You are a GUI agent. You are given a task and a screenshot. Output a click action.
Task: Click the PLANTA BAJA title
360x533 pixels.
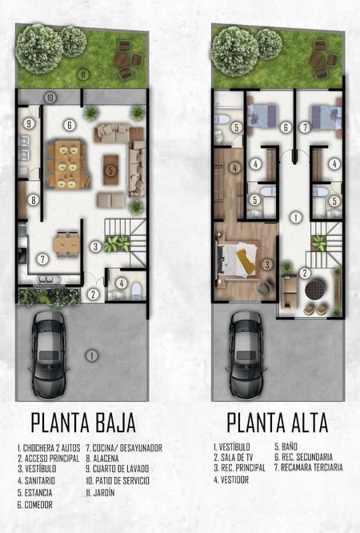tap(83, 423)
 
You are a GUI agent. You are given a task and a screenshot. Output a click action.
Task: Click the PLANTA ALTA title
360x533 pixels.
tap(278, 423)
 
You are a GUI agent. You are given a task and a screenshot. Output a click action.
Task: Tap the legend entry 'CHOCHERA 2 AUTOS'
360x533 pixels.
tap(49, 447)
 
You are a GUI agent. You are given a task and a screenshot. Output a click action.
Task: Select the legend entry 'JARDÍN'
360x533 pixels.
tap(100, 492)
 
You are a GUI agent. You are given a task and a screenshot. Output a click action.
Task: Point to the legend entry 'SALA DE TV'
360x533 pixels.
tap(234, 458)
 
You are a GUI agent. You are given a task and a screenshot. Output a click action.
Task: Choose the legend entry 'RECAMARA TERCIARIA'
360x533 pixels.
tap(309, 467)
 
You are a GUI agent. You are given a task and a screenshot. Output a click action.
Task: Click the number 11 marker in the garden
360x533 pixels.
tap(82, 74)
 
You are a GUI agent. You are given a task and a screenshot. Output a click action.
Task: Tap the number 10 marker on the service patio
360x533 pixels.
tap(50, 98)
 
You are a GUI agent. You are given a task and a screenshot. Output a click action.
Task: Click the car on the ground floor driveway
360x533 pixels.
tap(49, 355)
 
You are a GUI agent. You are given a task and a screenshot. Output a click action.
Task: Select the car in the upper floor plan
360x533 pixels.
tap(246, 355)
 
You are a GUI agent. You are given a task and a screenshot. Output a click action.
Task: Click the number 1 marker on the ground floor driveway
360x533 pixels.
tap(91, 355)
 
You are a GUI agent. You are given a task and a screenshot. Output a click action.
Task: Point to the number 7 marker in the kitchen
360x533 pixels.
tap(42, 259)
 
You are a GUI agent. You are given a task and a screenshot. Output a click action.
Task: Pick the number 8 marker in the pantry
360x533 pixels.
tap(33, 200)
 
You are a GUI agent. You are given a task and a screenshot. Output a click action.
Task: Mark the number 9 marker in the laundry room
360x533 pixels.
tap(29, 123)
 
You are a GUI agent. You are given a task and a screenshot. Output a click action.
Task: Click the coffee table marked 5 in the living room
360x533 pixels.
tap(111, 170)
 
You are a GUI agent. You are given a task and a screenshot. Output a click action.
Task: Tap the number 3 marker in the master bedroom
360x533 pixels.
tap(267, 264)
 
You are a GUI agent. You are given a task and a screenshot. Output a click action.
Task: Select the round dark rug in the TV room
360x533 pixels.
tap(316, 289)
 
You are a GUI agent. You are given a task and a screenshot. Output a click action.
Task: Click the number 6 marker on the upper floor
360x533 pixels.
tap(286, 127)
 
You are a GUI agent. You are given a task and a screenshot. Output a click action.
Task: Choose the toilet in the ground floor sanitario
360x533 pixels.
tap(136, 291)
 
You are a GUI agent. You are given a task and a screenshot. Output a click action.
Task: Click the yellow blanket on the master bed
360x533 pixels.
tap(246, 260)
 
